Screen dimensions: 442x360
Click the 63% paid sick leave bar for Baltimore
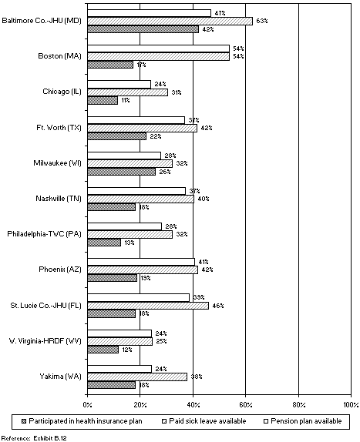tap(170, 21)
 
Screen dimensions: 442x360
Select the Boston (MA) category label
tap(61, 56)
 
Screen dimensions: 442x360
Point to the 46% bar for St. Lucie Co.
tap(147, 306)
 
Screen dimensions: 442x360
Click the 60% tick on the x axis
tap(246, 404)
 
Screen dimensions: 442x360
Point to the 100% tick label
tap(351, 404)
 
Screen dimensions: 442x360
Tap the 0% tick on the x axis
tap(87, 404)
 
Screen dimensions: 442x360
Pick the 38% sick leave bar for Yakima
tap(137, 377)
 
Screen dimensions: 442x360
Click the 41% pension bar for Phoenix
tap(140, 262)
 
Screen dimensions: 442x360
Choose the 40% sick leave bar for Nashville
tap(140, 199)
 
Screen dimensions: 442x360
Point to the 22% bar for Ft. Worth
tap(116, 136)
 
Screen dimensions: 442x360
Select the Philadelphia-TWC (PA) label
tap(45, 234)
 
